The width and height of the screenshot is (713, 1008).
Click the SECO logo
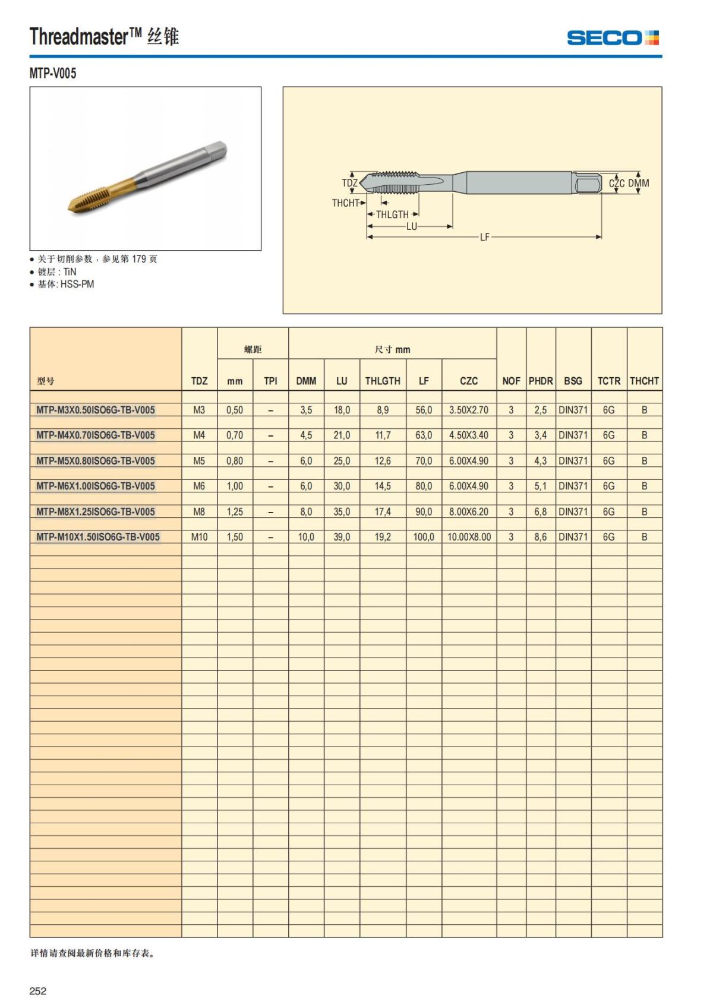pyautogui.click(x=613, y=38)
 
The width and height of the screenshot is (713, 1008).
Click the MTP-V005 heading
pyautogui.click(x=53, y=73)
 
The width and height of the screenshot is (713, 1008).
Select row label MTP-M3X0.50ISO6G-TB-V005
pyautogui.click(x=96, y=410)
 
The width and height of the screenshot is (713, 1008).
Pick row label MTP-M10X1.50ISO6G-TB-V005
pyautogui.click(x=98, y=537)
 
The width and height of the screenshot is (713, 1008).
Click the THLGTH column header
pyautogui.click(x=383, y=381)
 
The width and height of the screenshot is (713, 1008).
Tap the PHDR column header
pyautogui.click(x=541, y=381)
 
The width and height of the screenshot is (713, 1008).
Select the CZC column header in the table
pyautogui.click(x=469, y=381)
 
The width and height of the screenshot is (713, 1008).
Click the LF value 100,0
pyautogui.click(x=424, y=537)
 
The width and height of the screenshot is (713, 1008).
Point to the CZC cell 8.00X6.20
pyautogui.click(x=469, y=511)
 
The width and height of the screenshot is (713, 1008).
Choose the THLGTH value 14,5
pyautogui.click(x=383, y=486)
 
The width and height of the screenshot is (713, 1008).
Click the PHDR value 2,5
pyautogui.click(x=541, y=410)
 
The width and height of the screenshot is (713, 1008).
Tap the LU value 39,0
pyautogui.click(x=342, y=537)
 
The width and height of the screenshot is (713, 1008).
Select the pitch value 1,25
pyautogui.click(x=235, y=511)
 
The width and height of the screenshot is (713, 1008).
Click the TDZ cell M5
pyautogui.click(x=199, y=460)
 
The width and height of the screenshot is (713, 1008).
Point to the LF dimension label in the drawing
pyautogui.click(x=485, y=237)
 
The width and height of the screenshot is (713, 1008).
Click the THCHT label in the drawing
pyautogui.click(x=345, y=203)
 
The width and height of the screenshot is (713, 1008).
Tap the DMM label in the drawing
pyautogui.click(x=639, y=184)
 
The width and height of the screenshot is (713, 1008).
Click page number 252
pyautogui.click(x=38, y=991)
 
